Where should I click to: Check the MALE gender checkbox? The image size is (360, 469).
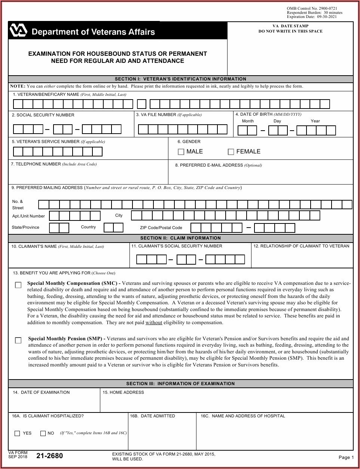tap(181, 152)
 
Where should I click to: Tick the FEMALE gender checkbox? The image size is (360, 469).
tap(231, 152)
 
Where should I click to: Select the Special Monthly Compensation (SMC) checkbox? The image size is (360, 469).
tap(18, 285)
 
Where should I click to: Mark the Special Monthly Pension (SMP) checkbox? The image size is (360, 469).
tap(18, 340)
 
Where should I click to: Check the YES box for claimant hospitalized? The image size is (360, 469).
tap(17, 433)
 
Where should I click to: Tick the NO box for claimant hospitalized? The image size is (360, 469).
tap(43, 433)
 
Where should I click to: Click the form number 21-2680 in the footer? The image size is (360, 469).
tap(49, 456)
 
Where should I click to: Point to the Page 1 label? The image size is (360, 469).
tap(346, 457)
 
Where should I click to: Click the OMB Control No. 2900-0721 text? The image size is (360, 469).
tap(312, 8)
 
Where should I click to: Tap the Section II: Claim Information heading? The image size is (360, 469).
tap(180, 238)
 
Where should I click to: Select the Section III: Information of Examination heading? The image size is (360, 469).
tap(180, 384)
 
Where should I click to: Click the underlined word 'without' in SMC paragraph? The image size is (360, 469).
tap(154, 323)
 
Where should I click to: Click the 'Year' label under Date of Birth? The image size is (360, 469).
tap(315, 121)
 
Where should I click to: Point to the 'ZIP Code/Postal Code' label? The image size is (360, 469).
tap(161, 228)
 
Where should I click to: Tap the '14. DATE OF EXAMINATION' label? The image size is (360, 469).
tap(41, 392)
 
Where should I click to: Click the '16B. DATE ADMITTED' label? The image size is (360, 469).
tap(152, 416)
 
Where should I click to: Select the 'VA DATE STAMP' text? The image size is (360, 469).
tap(290, 26)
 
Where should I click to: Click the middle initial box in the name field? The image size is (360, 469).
tap(141, 104)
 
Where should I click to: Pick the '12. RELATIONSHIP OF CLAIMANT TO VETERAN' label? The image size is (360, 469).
tap(301, 246)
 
